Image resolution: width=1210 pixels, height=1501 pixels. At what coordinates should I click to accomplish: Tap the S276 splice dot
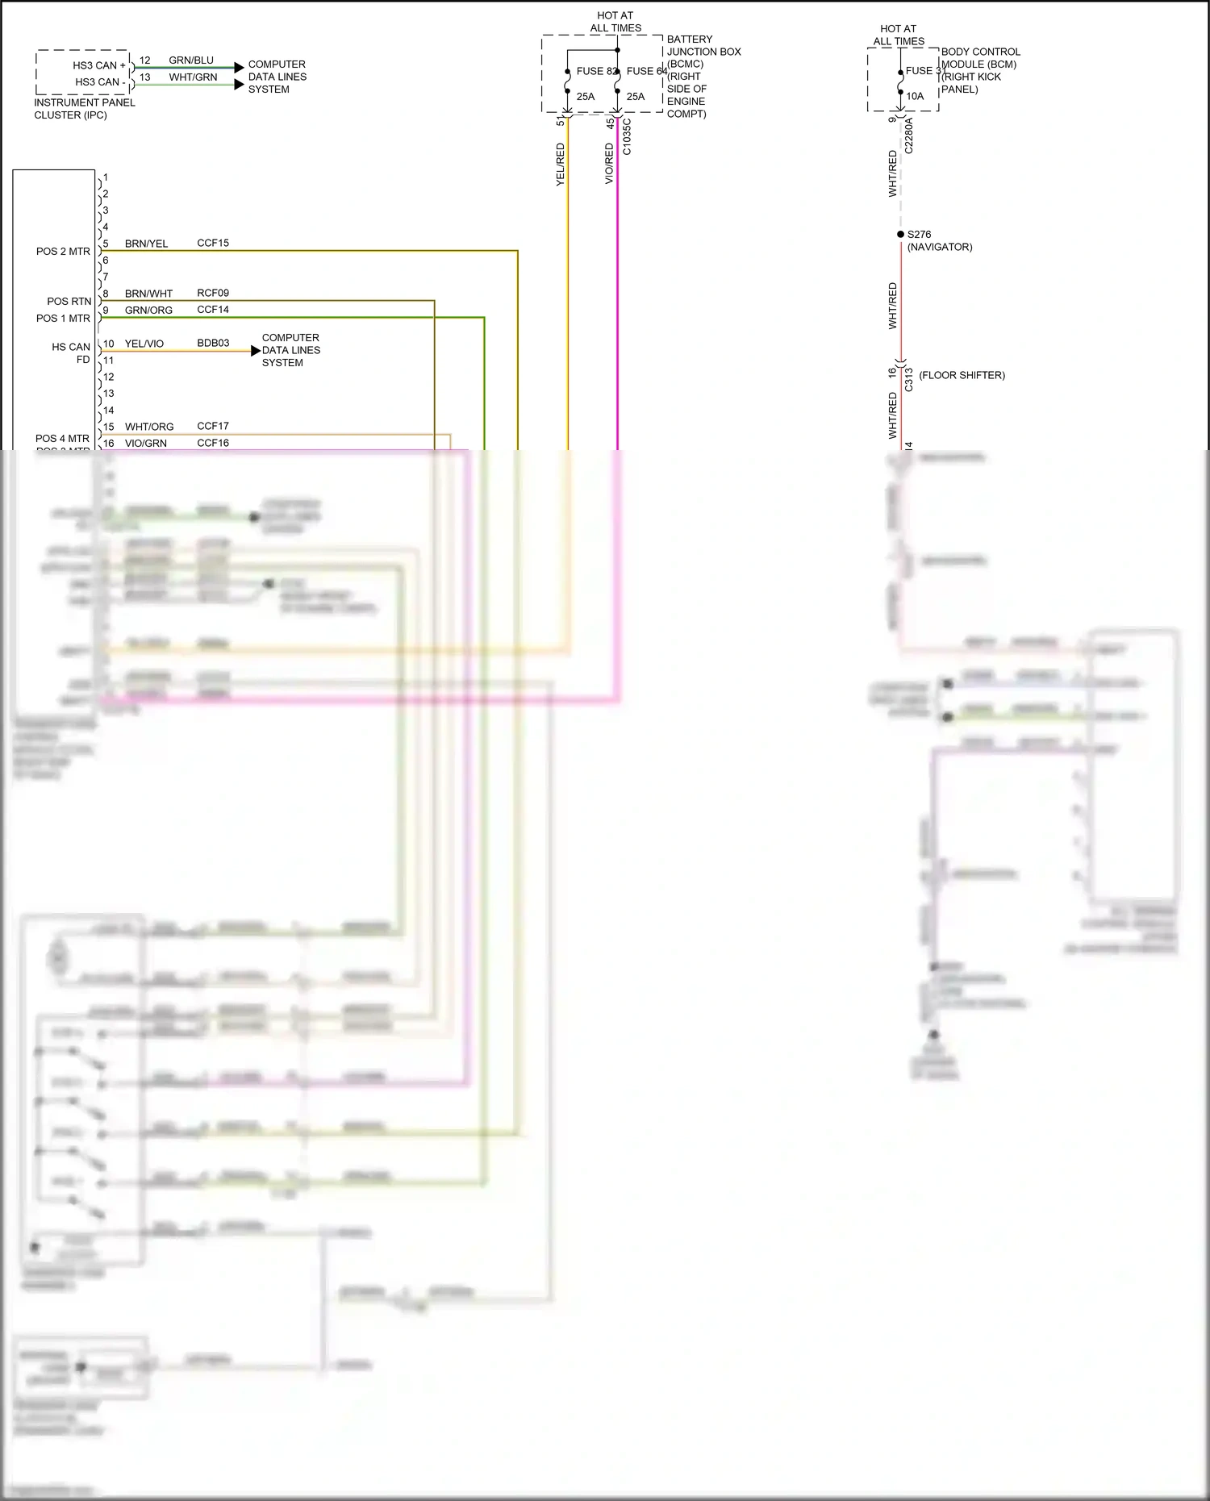(901, 234)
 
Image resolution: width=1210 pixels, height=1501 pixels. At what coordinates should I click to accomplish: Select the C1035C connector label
(627, 136)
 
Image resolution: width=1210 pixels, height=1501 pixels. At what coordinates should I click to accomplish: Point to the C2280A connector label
(908, 135)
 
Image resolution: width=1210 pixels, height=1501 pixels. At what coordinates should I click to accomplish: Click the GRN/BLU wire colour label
(191, 60)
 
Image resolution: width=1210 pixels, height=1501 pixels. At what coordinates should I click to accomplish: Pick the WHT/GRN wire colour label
(193, 77)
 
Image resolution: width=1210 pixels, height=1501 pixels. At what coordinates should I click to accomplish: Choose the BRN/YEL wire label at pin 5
(146, 244)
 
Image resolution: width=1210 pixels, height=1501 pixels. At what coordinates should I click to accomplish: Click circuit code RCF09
(213, 293)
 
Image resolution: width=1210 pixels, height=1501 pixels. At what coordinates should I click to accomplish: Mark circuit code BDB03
(213, 343)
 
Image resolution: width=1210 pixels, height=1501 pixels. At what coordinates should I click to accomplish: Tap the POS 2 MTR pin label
(63, 252)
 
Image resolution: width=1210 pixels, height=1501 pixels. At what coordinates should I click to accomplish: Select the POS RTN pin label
(69, 302)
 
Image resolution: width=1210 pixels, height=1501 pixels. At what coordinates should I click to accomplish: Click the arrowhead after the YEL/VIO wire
(256, 351)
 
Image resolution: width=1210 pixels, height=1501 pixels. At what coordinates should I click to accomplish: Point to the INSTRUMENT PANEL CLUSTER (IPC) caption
(84, 109)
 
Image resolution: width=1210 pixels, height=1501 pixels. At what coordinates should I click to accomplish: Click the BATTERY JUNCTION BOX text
(703, 45)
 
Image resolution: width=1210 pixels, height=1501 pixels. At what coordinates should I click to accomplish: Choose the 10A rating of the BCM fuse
(915, 96)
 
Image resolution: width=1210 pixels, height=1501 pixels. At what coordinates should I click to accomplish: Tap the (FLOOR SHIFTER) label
(962, 375)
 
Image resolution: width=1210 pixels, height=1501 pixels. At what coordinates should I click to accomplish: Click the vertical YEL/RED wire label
(561, 165)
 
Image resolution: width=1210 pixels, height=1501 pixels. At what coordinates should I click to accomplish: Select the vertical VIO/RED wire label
(610, 164)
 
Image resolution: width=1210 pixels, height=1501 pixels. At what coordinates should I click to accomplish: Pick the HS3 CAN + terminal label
(99, 65)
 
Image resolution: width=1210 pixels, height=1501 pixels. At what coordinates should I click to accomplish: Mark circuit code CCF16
(213, 443)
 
